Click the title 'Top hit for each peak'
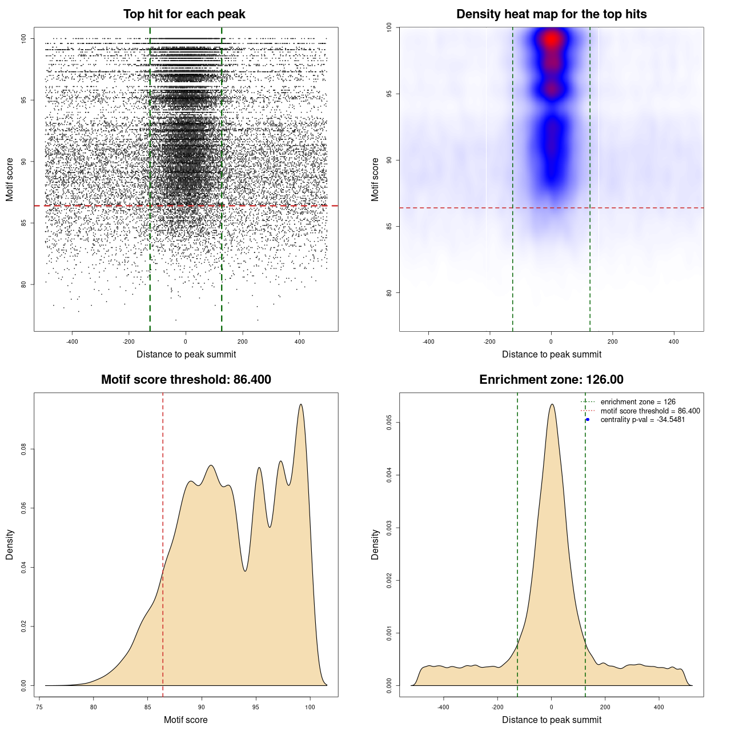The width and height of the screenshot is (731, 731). tap(184, 14)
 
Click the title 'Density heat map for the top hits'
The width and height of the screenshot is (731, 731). tap(551, 14)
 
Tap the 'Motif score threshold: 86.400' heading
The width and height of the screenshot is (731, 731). tap(186, 380)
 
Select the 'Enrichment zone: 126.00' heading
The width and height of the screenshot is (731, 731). tap(551, 380)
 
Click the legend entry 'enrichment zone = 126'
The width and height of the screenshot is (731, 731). tap(638, 402)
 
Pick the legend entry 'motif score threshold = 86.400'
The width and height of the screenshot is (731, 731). tap(650, 411)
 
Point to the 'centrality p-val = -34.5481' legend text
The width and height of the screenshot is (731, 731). tap(642, 420)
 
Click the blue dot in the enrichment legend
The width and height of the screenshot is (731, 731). tap(588, 420)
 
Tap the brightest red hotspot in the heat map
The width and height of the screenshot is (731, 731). tap(551, 39)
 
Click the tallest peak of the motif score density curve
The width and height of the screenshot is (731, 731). tap(301, 405)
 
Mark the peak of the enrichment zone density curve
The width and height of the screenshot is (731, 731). tap(552, 405)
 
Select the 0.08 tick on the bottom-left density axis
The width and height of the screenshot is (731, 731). tap(24, 449)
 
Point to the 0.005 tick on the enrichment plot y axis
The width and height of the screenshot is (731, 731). tap(389, 423)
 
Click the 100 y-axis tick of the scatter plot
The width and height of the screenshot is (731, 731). tap(24, 39)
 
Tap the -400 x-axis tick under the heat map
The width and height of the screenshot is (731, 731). tap(428, 342)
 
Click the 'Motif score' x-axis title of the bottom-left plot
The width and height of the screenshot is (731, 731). tap(186, 720)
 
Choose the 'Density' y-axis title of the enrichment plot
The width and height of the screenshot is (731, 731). tap(375, 544)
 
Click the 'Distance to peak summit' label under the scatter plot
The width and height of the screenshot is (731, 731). tap(186, 354)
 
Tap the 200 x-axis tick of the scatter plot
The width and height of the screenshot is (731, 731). tap(243, 342)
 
